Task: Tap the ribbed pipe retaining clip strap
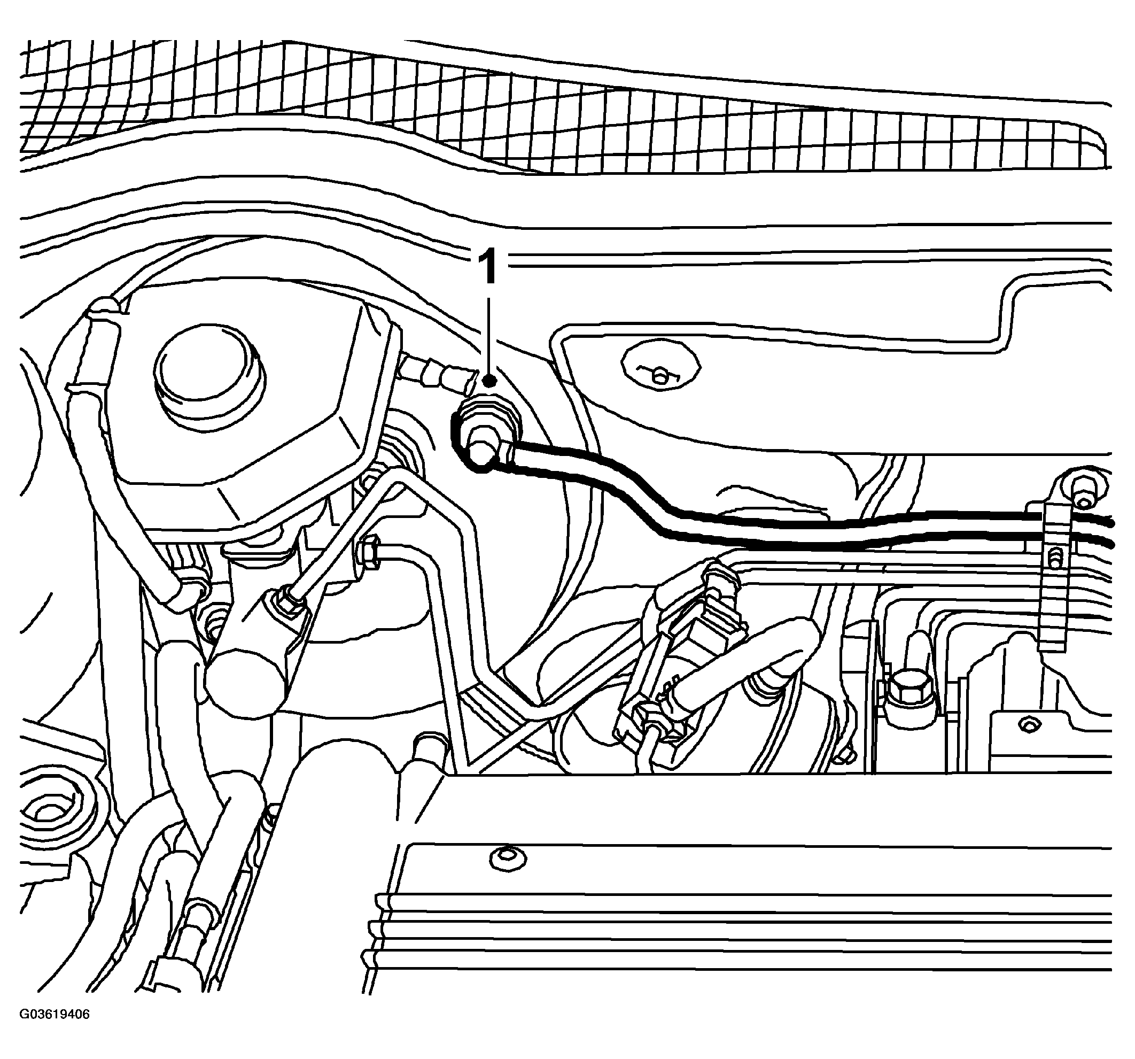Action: [1052, 577]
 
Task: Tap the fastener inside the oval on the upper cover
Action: [661, 376]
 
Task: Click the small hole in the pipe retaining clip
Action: [1054, 555]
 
